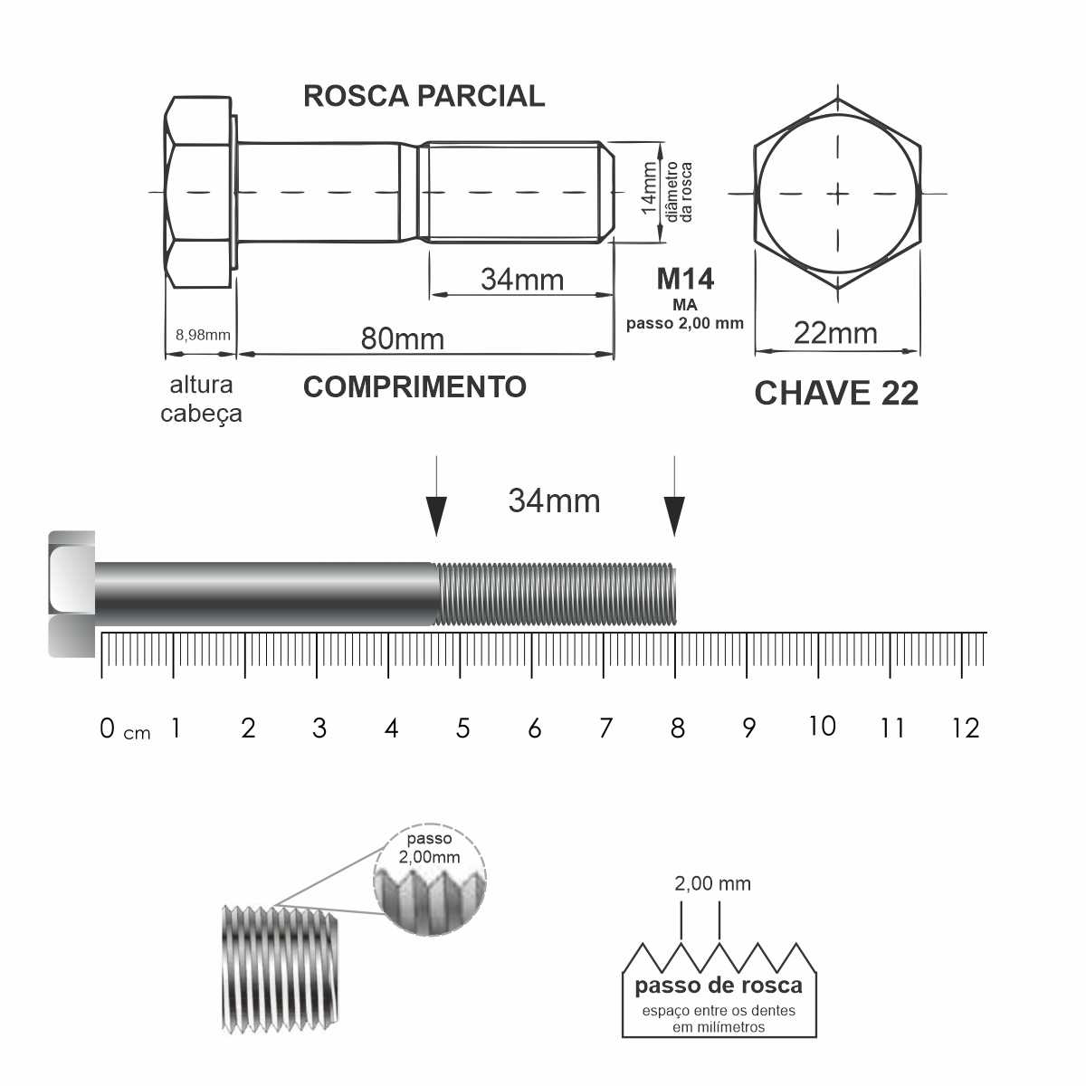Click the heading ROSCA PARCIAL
[424, 96]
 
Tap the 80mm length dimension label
[403, 338]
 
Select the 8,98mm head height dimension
[203, 335]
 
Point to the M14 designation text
[685, 279]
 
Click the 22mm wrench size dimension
[835, 333]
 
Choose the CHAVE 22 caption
[836, 393]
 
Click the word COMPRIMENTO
[414, 387]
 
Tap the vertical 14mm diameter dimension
[650, 188]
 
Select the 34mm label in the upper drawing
[522, 280]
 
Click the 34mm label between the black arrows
[554, 500]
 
